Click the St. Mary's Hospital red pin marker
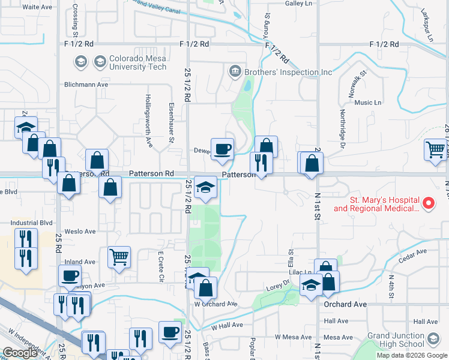(x=429, y=203)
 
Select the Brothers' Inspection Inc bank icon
(x=235, y=73)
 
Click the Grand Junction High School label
(x=396, y=340)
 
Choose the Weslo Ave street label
(x=80, y=231)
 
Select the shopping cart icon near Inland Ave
(x=119, y=257)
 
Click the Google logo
(x=20, y=353)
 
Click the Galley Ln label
(x=299, y=3)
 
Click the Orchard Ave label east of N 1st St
(x=345, y=304)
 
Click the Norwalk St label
(x=354, y=82)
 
